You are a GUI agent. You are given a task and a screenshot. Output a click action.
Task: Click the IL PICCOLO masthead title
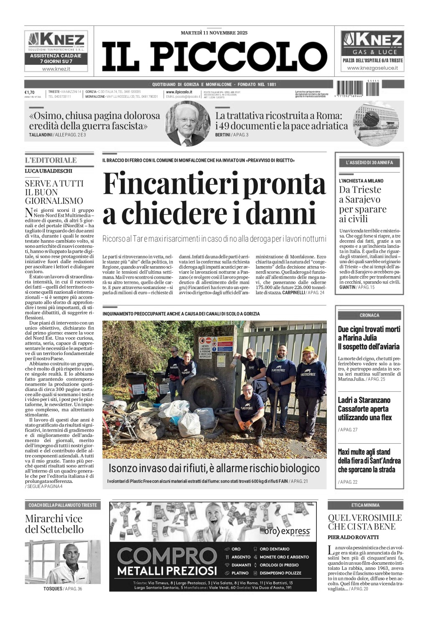click(x=214, y=56)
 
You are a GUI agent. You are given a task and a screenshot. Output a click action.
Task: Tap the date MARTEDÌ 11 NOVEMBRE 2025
click(x=214, y=33)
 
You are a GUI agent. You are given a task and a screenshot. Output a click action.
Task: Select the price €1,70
click(x=29, y=92)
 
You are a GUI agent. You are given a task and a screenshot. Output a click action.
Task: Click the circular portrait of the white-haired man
click(x=188, y=123)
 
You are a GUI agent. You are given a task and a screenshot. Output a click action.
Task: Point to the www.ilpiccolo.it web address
click(x=179, y=92)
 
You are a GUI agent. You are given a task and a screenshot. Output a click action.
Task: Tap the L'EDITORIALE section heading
click(x=51, y=160)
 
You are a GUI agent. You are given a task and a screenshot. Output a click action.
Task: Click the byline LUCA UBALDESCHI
click(x=48, y=171)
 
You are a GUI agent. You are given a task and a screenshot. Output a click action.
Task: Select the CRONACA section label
click(x=369, y=315)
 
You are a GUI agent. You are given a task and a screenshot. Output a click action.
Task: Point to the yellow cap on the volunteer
click(x=309, y=349)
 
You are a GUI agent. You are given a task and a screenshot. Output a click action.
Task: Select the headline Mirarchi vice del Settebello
click(x=54, y=524)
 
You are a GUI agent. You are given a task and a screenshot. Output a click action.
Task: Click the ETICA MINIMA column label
click(x=365, y=505)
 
